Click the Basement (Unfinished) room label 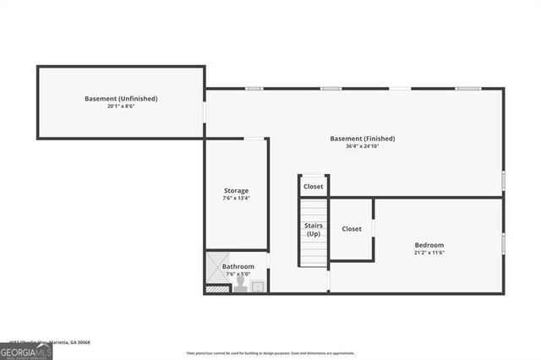[121, 99]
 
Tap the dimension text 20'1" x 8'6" [121, 106]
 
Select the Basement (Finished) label [362, 139]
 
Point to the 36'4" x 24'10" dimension [362, 146]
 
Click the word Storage [236, 190]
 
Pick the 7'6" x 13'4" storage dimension [236, 198]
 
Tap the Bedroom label [429, 245]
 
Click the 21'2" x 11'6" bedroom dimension [429, 253]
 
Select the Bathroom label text [238, 266]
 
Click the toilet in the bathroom [240, 286]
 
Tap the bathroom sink [258, 286]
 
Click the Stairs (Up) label [314, 229]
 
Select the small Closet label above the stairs [314, 186]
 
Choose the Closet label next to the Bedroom [352, 228]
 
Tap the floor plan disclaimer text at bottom [270, 352]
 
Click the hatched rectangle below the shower [217, 288]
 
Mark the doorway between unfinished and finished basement [205, 113]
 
